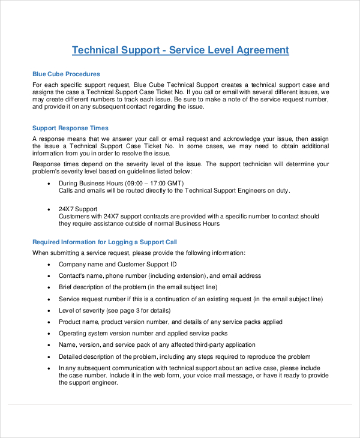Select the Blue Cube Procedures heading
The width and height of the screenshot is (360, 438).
66,74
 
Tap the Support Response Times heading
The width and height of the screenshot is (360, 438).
70,128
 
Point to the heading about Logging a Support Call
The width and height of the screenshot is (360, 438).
104,242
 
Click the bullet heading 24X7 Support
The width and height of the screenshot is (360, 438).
77,209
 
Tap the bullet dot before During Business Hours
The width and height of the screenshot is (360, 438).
48,184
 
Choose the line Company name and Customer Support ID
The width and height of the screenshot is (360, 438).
118,264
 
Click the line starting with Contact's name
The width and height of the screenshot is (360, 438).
160,275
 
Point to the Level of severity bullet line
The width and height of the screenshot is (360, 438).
114,310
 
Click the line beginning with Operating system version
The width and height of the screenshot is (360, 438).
143,333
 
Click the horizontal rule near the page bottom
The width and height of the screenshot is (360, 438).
180,403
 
